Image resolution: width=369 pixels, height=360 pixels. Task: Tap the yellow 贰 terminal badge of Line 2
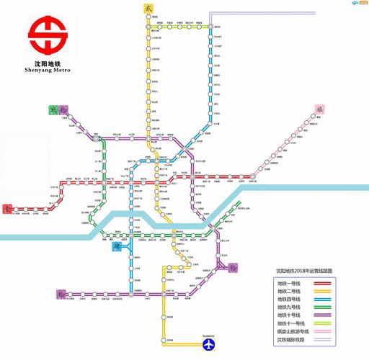(x=148, y=8)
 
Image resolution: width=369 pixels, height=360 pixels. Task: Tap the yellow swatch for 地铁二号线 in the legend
(x=332, y=291)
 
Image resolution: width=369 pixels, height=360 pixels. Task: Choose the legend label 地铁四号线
(x=290, y=299)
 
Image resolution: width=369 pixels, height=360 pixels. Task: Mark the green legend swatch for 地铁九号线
(x=332, y=307)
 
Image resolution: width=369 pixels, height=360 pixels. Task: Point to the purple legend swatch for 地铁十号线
(x=332, y=315)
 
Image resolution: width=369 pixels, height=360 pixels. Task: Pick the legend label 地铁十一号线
(x=291, y=324)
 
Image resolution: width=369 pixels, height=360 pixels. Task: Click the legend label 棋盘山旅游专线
(x=294, y=332)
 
